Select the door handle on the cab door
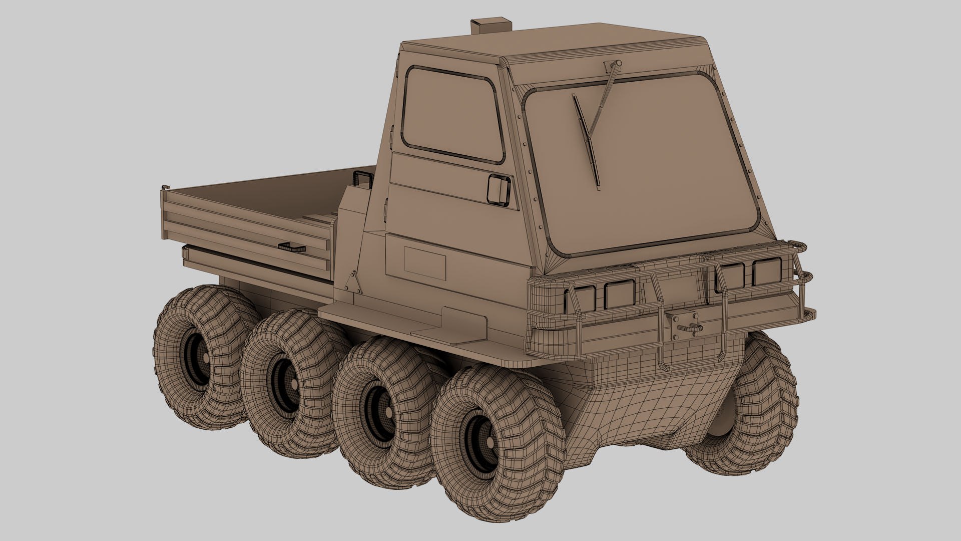point(499,190)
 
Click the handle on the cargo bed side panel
point(293,246)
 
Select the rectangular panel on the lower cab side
point(424,263)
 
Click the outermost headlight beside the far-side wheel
point(766,273)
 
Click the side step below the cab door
point(400,321)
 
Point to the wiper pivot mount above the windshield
point(613,65)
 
